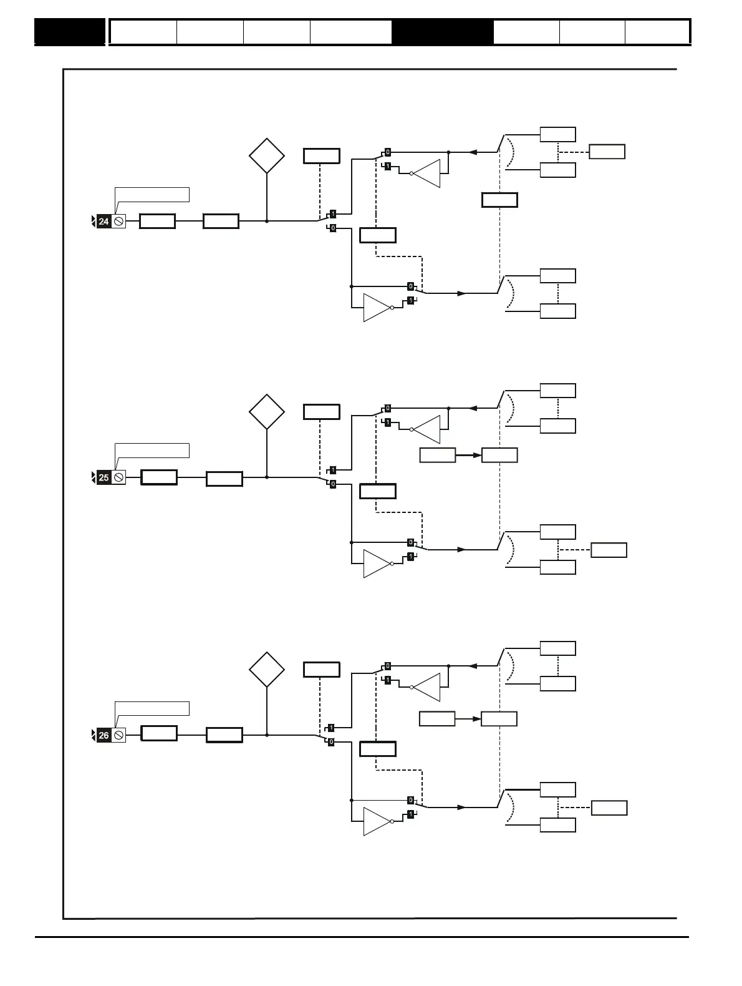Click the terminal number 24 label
click(104, 222)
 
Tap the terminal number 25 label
click(104, 478)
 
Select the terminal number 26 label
click(104, 735)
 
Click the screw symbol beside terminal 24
click(118, 222)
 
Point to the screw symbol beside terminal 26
click(118, 735)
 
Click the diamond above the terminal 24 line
click(267, 156)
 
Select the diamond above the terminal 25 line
click(267, 412)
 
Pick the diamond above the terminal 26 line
click(267, 670)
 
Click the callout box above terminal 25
click(152, 451)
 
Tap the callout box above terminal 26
click(152, 708)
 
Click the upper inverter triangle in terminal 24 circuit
click(428, 173)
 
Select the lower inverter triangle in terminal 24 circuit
click(376, 308)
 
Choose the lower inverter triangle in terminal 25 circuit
click(376, 564)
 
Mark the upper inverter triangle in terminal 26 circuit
click(428, 687)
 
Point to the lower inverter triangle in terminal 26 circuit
click(376, 822)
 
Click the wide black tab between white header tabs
click(442, 32)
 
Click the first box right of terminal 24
click(157, 222)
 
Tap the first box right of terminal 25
click(159, 478)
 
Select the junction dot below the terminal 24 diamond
click(267, 221)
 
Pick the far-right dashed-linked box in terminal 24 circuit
click(607, 152)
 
